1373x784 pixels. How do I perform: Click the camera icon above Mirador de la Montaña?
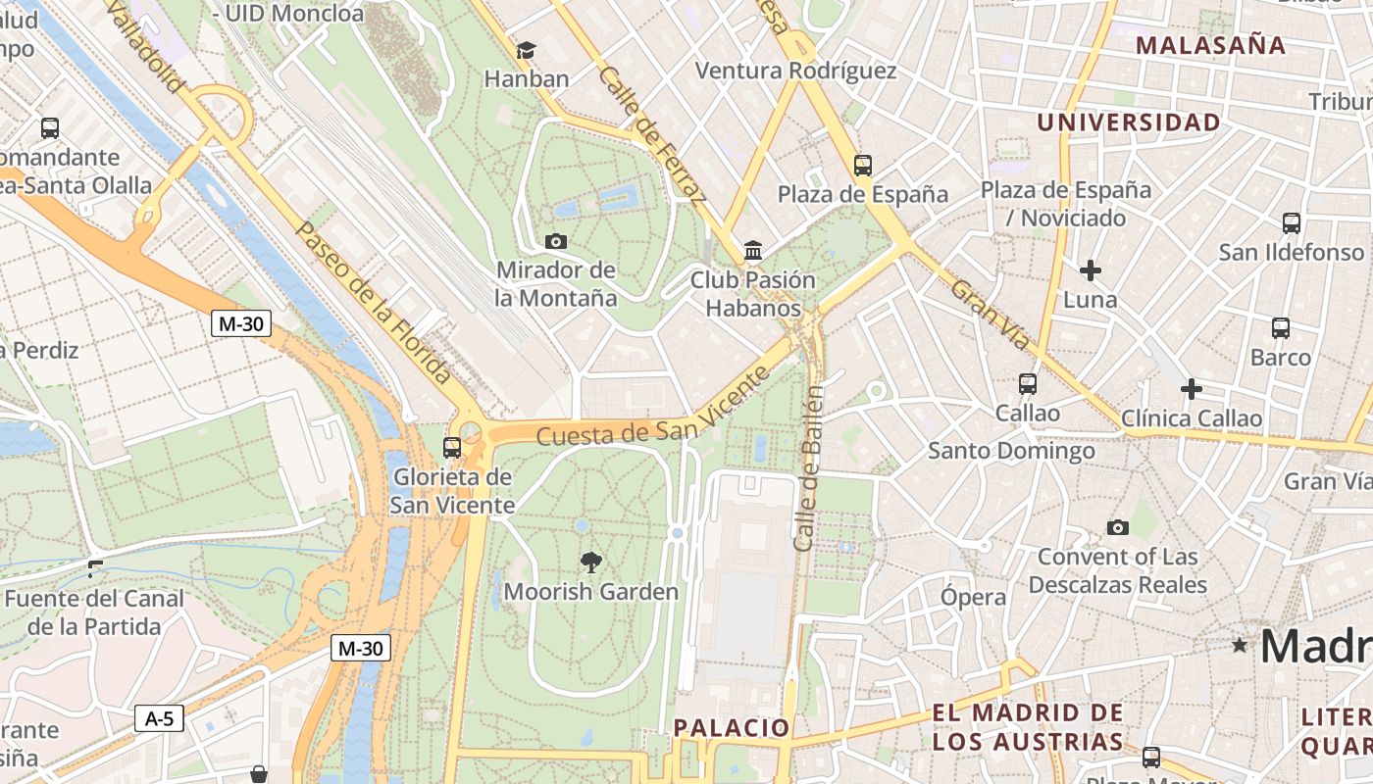(x=555, y=241)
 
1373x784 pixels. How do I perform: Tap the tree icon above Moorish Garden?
(x=590, y=562)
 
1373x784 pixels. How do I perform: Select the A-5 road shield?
(x=159, y=718)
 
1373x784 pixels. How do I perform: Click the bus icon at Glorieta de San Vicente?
(x=452, y=448)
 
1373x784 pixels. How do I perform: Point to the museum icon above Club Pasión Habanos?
(x=753, y=251)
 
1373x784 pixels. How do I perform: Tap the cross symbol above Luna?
(x=1090, y=269)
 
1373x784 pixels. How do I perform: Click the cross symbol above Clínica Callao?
(x=1192, y=389)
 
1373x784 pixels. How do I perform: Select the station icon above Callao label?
(x=1027, y=384)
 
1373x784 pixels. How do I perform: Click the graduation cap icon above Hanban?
(x=527, y=50)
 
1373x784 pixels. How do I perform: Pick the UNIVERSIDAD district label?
(x=1129, y=122)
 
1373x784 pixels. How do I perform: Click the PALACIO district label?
(x=732, y=727)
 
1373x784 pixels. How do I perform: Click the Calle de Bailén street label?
(x=810, y=467)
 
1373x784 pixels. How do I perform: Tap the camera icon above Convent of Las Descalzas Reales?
(x=1117, y=528)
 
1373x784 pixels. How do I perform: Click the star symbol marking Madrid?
(x=1240, y=645)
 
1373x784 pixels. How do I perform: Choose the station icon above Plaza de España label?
(x=863, y=166)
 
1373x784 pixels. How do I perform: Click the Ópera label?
(x=973, y=597)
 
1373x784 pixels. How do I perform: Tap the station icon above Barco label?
(x=1280, y=328)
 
